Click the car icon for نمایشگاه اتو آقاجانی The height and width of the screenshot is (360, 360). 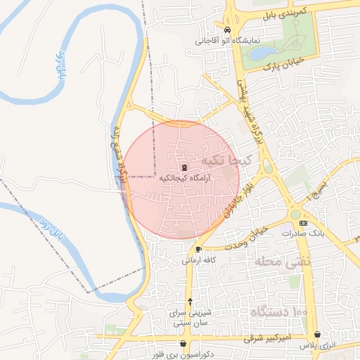point(226,30)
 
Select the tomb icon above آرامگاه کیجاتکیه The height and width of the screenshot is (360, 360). point(184,167)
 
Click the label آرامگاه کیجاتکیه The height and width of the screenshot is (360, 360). point(185,179)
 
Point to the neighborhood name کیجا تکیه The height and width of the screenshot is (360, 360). point(224,160)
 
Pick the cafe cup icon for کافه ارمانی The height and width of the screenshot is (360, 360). point(198,249)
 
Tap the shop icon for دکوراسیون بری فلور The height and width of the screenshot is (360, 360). point(184,344)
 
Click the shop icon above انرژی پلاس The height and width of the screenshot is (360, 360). point(319,335)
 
